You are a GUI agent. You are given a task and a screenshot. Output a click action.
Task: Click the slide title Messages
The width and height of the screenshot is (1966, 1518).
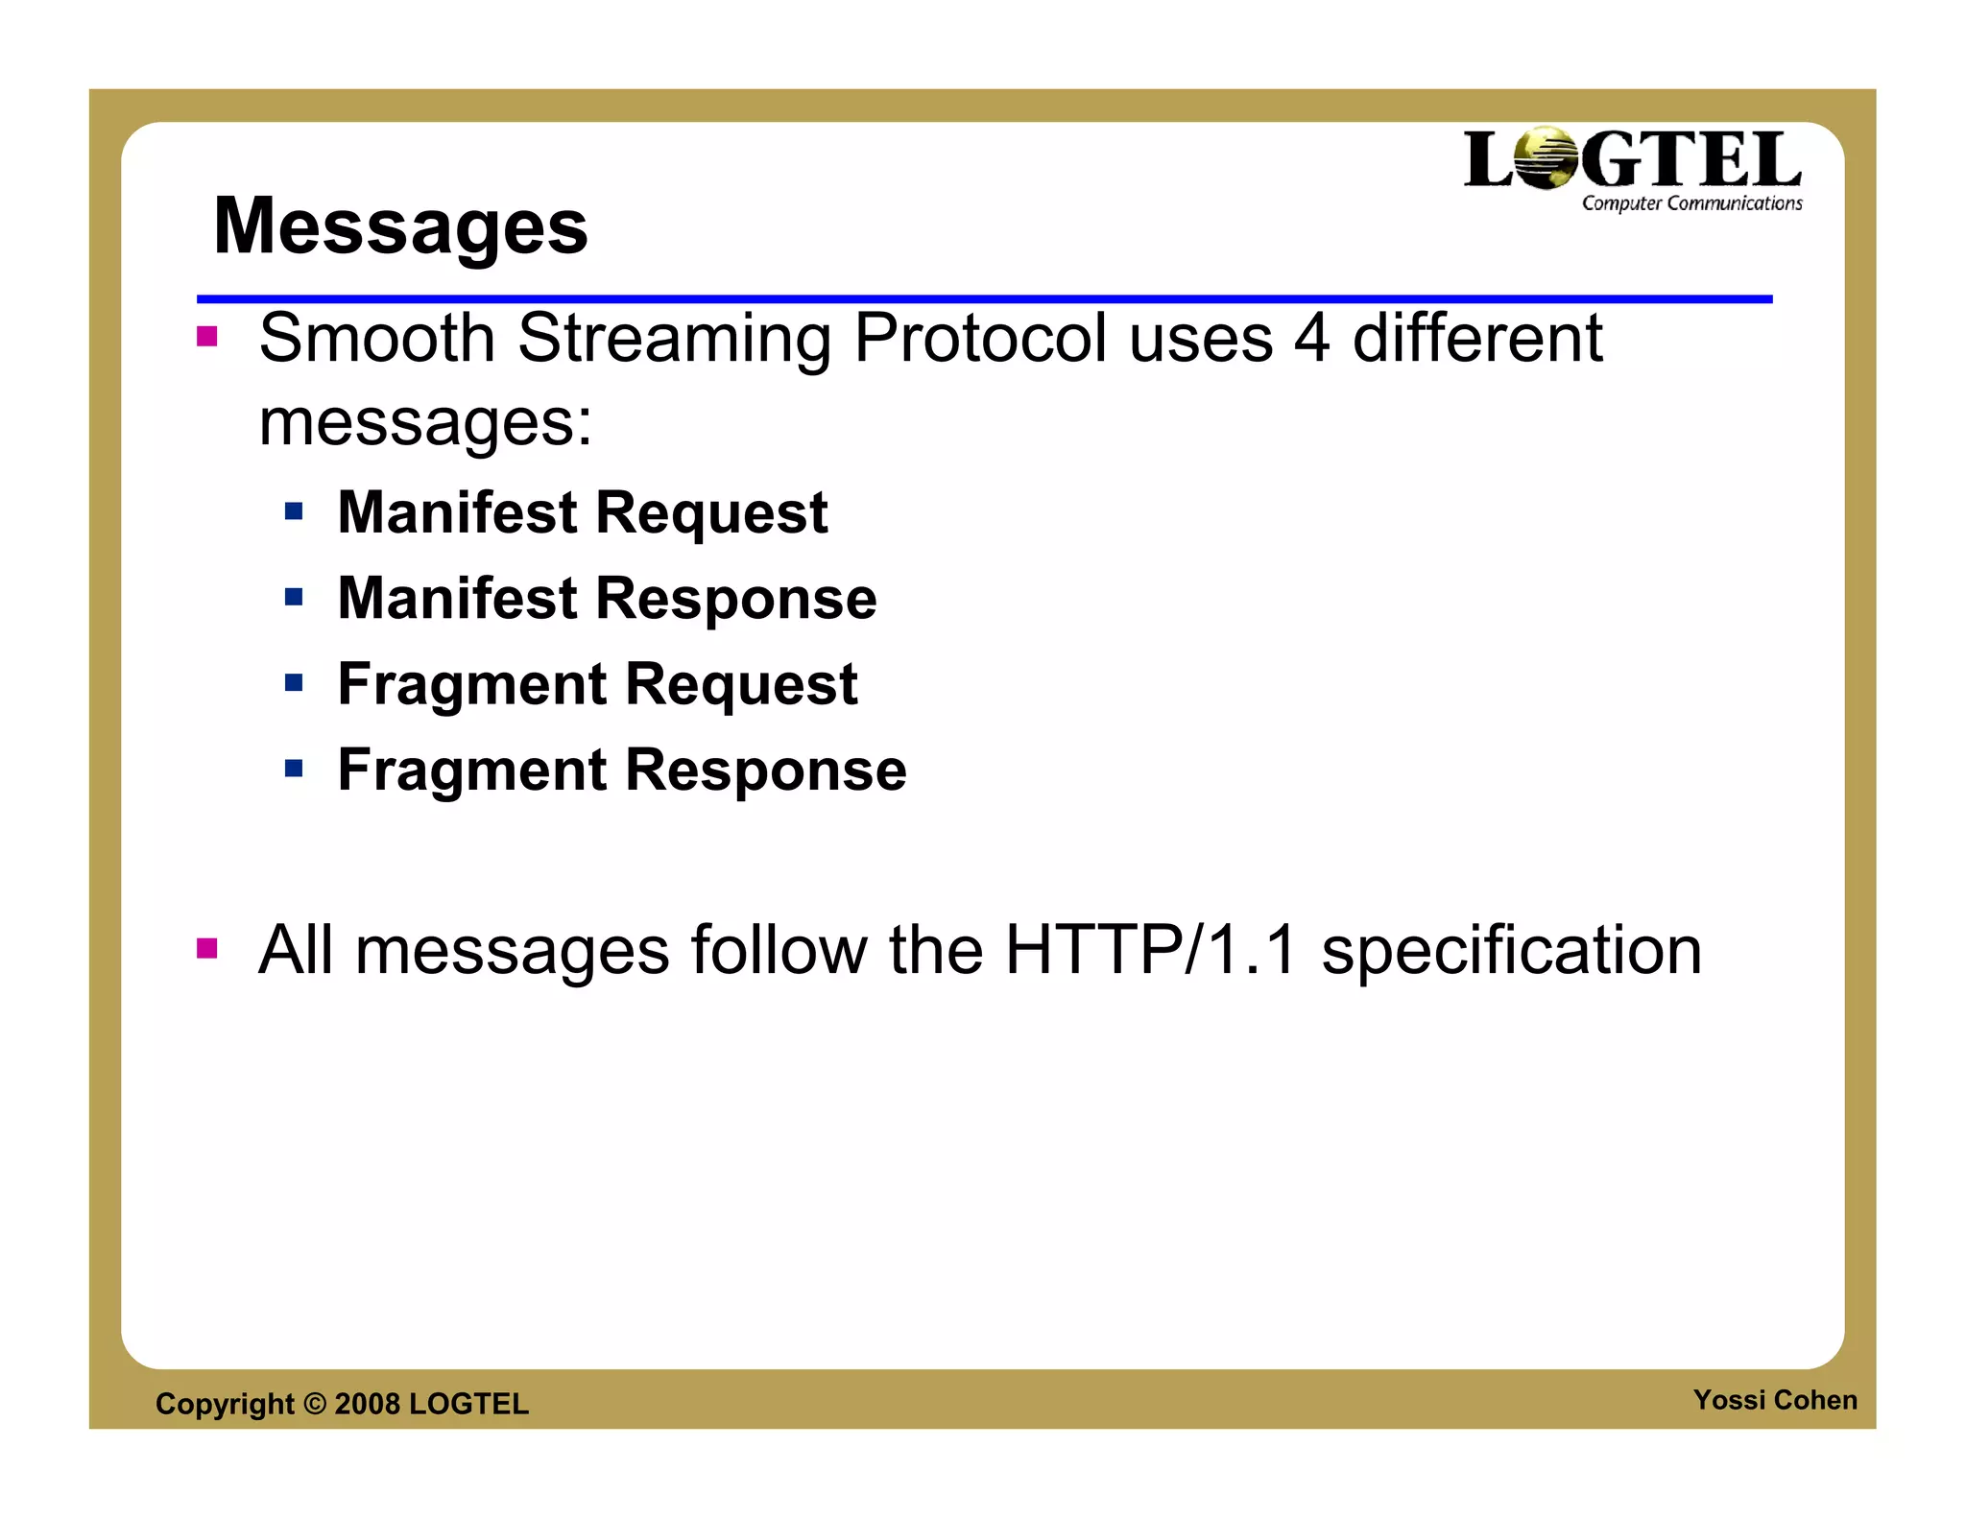[x=400, y=226]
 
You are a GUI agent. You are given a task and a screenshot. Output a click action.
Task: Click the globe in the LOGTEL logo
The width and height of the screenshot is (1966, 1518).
[x=1546, y=158]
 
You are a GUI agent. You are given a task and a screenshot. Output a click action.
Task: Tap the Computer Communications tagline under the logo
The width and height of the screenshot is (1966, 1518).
[x=1691, y=203]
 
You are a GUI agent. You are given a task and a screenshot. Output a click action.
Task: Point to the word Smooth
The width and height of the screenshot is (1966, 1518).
[x=377, y=339]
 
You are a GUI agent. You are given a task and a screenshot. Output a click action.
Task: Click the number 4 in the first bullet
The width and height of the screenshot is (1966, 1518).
[x=1311, y=339]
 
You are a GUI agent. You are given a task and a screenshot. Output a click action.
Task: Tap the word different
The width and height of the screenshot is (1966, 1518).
[x=1477, y=339]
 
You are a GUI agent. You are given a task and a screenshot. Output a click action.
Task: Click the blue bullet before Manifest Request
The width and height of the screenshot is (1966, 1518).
[x=294, y=511]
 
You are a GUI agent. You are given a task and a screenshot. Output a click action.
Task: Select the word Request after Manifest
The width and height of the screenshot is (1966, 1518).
[x=711, y=513]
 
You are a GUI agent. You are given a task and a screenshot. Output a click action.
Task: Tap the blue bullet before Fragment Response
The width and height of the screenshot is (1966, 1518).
[x=294, y=768]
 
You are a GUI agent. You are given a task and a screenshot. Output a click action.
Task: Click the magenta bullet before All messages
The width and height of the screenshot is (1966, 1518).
[x=206, y=949]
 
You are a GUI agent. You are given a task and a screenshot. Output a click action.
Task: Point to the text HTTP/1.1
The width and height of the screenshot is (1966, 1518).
[x=1151, y=950]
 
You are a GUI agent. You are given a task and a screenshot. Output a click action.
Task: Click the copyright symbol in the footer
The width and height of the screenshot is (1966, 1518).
[x=315, y=1404]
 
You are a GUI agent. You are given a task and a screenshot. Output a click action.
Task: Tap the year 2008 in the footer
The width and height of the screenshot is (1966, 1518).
[x=367, y=1404]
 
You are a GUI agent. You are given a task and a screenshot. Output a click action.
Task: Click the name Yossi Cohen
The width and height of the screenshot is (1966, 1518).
[x=1774, y=1400]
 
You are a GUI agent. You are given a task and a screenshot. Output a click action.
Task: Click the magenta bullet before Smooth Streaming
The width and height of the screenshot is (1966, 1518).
[x=206, y=337]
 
